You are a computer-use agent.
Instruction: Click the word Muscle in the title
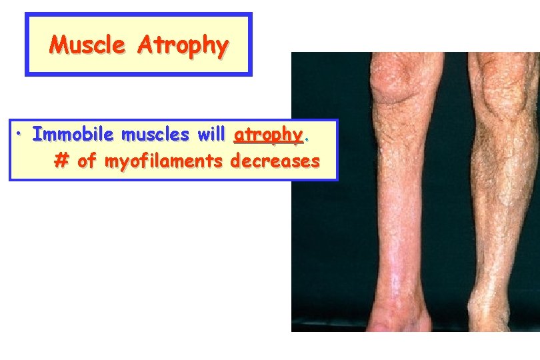[x=88, y=45]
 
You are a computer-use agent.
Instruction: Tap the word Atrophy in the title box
[x=183, y=45]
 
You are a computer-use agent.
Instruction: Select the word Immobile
[x=73, y=135]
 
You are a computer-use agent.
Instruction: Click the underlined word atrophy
[x=268, y=135]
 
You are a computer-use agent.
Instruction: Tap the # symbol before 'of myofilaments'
[x=61, y=161]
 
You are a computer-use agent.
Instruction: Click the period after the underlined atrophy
[x=307, y=138]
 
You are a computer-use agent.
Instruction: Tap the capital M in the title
[x=58, y=45]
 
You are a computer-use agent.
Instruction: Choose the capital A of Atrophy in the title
[x=145, y=45]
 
